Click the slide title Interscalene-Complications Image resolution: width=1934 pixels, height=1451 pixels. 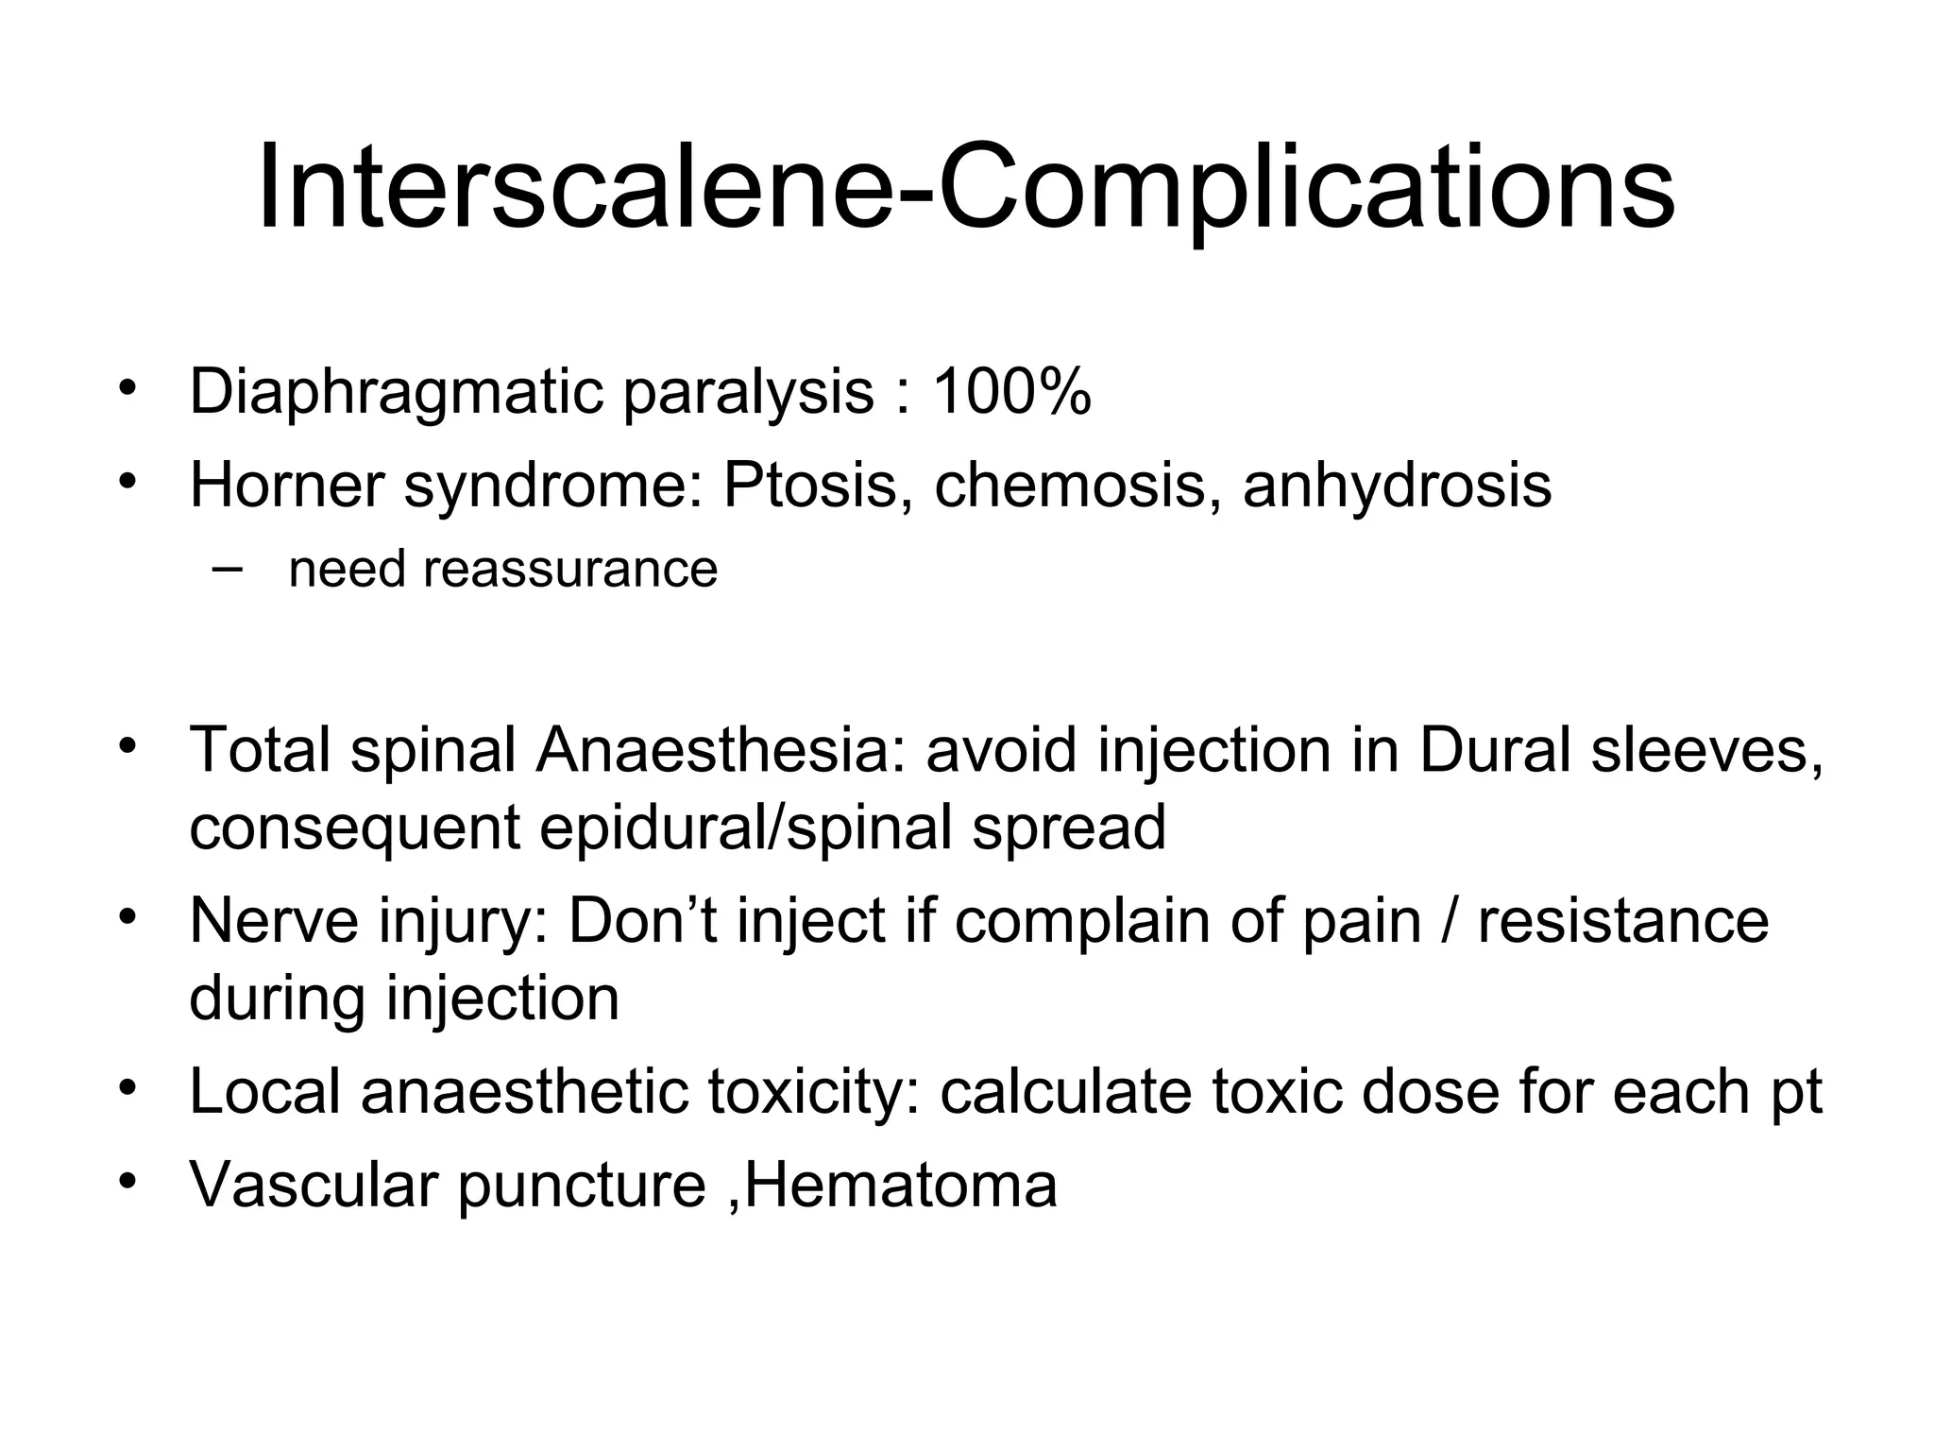pyautogui.click(x=965, y=186)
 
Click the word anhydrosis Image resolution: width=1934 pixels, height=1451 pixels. pyautogui.click(x=1397, y=487)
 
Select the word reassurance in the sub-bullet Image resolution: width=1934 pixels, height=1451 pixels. pyautogui.click(x=569, y=570)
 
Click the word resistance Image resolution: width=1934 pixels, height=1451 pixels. pyautogui.click(x=1622, y=920)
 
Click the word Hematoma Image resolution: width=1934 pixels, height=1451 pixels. pyautogui.click(x=901, y=1185)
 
